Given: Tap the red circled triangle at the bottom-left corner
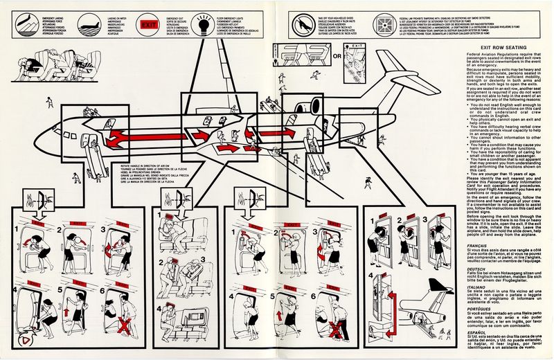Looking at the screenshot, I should pos(26,340).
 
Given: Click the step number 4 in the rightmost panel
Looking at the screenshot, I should pos(373,280).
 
